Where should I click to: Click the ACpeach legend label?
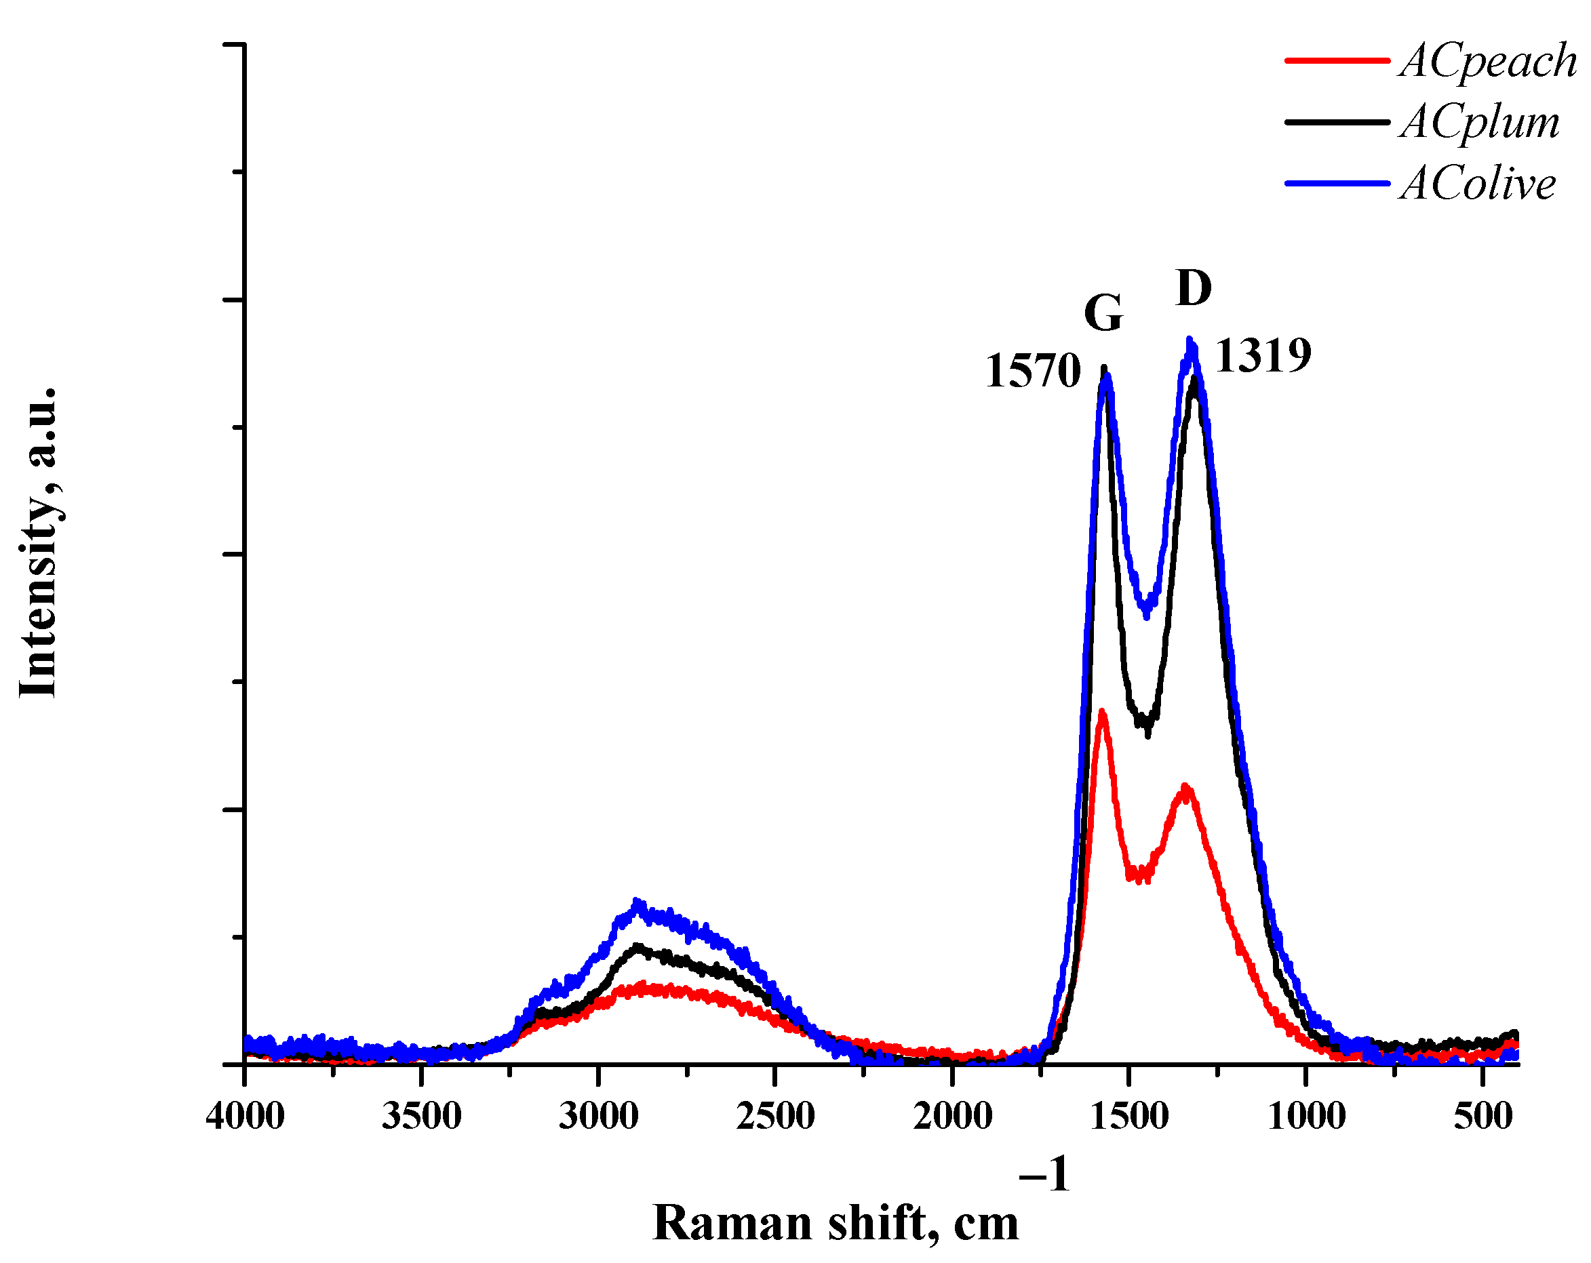[x=1488, y=60]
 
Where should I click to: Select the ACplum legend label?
[x=1479, y=123]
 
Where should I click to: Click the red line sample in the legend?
[x=1337, y=60]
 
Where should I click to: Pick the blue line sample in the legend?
[x=1337, y=183]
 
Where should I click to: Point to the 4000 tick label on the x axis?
[x=245, y=1115]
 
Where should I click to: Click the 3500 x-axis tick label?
[x=421, y=1115]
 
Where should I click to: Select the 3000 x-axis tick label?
[x=598, y=1115]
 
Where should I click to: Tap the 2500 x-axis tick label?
[x=775, y=1115]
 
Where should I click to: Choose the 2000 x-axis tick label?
[x=952, y=1115]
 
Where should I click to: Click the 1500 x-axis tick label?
[x=1128, y=1115]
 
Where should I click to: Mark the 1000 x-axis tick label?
[x=1305, y=1115]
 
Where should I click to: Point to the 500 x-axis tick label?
[x=1482, y=1115]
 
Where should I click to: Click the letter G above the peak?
[x=1103, y=313]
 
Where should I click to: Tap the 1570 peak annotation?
[x=1032, y=370]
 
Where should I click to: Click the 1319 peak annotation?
[x=1263, y=356]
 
